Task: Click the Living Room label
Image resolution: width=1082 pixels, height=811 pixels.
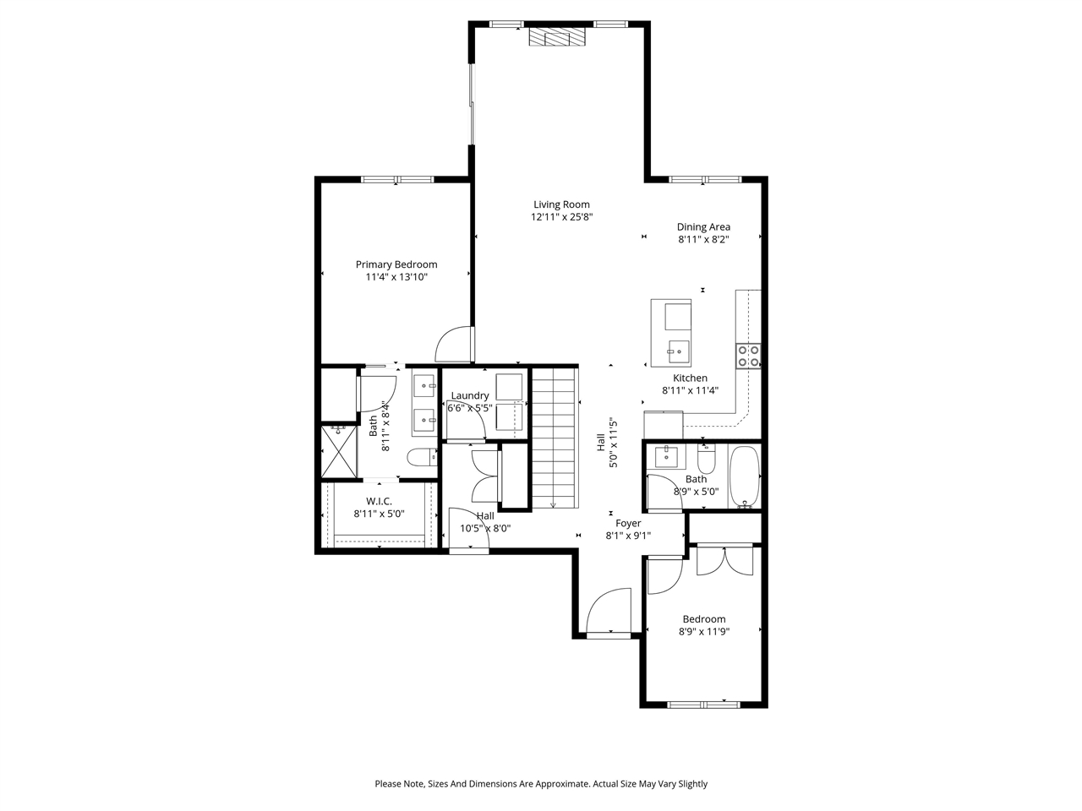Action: tap(561, 204)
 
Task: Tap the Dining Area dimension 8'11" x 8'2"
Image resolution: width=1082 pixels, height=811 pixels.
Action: tap(703, 239)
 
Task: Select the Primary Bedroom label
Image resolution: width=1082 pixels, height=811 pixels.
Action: tap(396, 264)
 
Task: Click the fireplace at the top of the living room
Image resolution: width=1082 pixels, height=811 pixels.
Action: tap(556, 37)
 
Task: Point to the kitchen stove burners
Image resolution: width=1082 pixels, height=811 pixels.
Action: tap(748, 356)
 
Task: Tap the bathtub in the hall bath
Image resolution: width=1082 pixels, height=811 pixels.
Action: tap(745, 477)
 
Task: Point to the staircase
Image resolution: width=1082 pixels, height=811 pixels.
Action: tap(554, 439)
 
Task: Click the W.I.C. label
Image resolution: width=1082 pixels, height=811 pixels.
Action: tap(379, 501)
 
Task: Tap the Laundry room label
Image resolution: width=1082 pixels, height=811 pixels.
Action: tap(470, 395)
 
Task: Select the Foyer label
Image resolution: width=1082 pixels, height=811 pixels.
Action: tap(628, 524)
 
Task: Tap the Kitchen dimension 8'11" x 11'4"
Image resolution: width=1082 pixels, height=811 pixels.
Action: tap(690, 390)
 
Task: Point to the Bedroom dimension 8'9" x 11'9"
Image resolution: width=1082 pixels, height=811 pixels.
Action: tap(704, 631)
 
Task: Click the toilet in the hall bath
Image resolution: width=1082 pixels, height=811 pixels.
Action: tap(707, 460)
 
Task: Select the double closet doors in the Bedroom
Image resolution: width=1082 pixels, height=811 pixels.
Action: tap(724, 561)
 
